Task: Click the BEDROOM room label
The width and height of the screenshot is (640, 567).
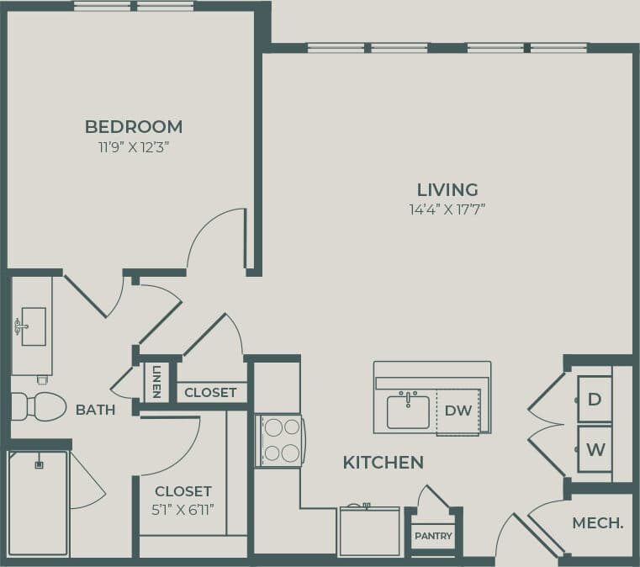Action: (134, 127)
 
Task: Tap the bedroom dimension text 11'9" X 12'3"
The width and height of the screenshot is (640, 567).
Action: (134, 147)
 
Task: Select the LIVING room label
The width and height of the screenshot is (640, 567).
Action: (447, 190)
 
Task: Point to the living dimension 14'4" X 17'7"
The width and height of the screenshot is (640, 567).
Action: (447, 209)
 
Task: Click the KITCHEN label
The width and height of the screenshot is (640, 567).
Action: (383, 462)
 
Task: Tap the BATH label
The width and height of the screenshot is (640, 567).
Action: (95, 411)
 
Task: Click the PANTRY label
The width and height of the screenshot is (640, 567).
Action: (433, 536)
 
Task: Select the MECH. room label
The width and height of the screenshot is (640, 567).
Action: (598, 523)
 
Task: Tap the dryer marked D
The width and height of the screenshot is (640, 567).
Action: (594, 399)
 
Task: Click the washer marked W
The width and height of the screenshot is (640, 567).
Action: (595, 449)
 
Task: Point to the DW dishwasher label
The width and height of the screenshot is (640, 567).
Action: (458, 411)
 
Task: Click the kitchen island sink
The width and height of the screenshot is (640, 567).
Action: (408, 411)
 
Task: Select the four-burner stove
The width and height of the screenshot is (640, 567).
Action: (279, 441)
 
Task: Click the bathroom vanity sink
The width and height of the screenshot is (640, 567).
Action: (32, 326)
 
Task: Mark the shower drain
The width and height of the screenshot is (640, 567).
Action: (38, 464)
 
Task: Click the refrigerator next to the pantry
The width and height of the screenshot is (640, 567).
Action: (369, 531)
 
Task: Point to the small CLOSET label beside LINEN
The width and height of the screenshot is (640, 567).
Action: (210, 393)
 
